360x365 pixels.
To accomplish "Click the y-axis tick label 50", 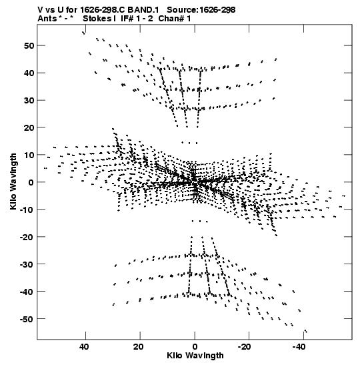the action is point(29,45).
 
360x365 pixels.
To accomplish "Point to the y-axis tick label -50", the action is point(27,319).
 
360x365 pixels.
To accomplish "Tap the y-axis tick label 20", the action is point(29,127).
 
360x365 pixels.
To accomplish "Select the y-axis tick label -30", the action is point(27,264).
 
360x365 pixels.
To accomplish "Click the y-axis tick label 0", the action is point(31,182).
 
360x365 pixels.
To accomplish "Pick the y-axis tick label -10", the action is point(27,210).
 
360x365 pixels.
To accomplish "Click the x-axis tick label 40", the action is point(84,347).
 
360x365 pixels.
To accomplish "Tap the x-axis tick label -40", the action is point(299,347).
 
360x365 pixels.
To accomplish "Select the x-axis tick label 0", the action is point(195,347).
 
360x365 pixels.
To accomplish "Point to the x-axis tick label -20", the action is point(245,347).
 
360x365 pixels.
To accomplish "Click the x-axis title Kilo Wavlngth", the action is point(195,356).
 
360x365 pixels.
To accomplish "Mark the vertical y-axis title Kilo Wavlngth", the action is point(13,181).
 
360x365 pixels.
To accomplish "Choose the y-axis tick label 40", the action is point(29,73).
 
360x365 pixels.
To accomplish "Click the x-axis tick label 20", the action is point(139,347).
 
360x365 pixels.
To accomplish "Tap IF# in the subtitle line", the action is point(127,19).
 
